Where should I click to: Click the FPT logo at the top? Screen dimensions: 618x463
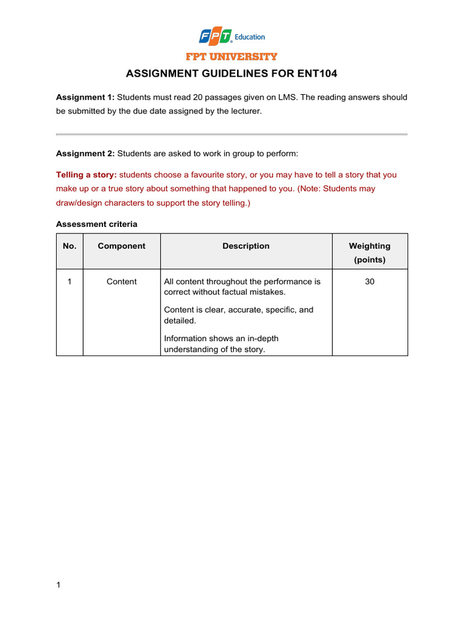pos(215,37)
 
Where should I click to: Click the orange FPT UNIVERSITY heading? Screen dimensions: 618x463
pos(231,57)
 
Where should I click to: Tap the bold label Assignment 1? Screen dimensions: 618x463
pos(85,97)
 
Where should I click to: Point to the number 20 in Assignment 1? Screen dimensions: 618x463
pos(199,97)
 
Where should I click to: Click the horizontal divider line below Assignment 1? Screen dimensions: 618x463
pos(231,134)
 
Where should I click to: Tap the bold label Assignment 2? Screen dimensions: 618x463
pos(85,154)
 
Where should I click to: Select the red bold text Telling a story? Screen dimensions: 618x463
pos(86,174)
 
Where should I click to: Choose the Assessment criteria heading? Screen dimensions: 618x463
pos(96,224)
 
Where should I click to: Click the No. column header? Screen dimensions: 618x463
pos(69,246)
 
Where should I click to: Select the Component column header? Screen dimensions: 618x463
pos(121,246)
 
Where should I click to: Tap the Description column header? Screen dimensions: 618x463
pos(246,246)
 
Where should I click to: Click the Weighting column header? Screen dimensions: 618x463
pos(370,246)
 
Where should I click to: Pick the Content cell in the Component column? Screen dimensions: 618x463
pos(121,281)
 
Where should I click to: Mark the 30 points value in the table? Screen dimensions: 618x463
pos(370,281)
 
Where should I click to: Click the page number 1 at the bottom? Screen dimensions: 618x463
pos(58,585)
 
